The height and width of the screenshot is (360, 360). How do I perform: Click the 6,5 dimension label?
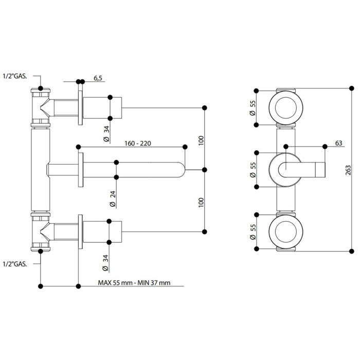(98, 78)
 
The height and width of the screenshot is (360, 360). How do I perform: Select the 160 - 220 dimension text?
(138, 143)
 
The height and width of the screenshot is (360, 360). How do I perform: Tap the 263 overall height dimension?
(348, 170)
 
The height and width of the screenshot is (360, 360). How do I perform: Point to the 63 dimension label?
(338, 143)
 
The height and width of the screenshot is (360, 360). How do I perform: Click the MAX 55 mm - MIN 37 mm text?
(134, 283)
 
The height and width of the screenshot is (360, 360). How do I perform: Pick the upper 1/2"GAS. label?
(15, 76)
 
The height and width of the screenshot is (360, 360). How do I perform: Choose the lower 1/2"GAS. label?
(15, 264)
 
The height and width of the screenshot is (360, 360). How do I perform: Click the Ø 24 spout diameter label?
(113, 199)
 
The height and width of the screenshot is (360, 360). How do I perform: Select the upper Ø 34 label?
(107, 134)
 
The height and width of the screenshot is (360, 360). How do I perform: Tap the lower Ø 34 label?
(105, 263)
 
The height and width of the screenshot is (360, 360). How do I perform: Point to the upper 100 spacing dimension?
(201, 140)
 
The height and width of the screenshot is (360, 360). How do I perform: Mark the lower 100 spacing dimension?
(201, 203)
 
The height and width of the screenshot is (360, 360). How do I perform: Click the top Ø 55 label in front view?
(253, 107)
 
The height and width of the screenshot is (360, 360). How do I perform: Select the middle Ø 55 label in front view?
(253, 170)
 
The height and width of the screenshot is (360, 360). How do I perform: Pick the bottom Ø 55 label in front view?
(253, 232)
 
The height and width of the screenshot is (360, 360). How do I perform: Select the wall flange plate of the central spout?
(81, 170)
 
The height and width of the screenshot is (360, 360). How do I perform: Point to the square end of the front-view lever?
(320, 170)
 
